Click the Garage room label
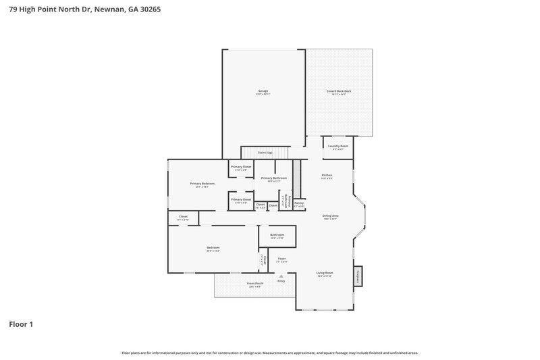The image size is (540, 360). pyautogui.click(x=263, y=91)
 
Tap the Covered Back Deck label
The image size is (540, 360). pyautogui.click(x=339, y=91)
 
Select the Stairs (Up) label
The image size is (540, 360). pyautogui.click(x=265, y=153)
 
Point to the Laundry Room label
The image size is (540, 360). pyautogui.click(x=337, y=146)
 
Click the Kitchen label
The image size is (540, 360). pyautogui.click(x=326, y=176)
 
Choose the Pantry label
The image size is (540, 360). pyautogui.click(x=299, y=203)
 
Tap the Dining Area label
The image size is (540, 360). pyautogui.click(x=330, y=216)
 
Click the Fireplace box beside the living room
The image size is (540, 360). pyautogui.click(x=358, y=276)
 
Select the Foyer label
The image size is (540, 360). pyautogui.click(x=281, y=259)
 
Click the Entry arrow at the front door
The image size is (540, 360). pyautogui.click(x=281, y=276)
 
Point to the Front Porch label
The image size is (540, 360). pyautogui.click(x=254, y=284)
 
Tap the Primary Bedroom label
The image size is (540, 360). pyautogui.click(x=202, y=184)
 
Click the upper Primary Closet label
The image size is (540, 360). pyautogui.click(x=241, y=167)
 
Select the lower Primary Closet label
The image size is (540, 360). pyautogui.click(x=241, y=199)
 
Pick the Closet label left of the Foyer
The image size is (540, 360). pyautogui.click(x=265, y=259)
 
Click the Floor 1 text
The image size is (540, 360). pyautogui.click(x=20, y=324)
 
